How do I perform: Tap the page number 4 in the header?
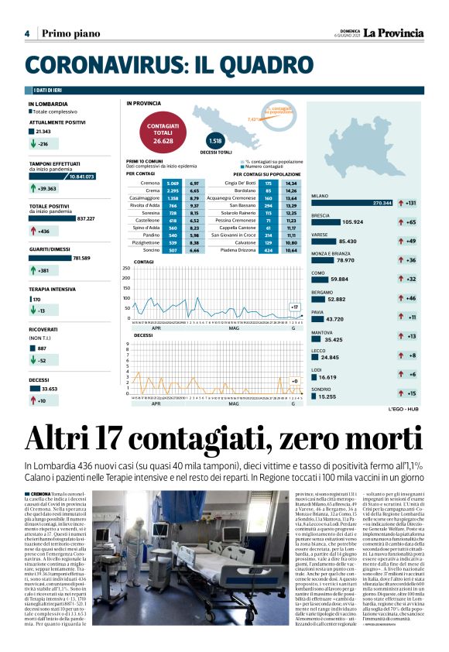[26, 33]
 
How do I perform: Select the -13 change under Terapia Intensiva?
[43, 311]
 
